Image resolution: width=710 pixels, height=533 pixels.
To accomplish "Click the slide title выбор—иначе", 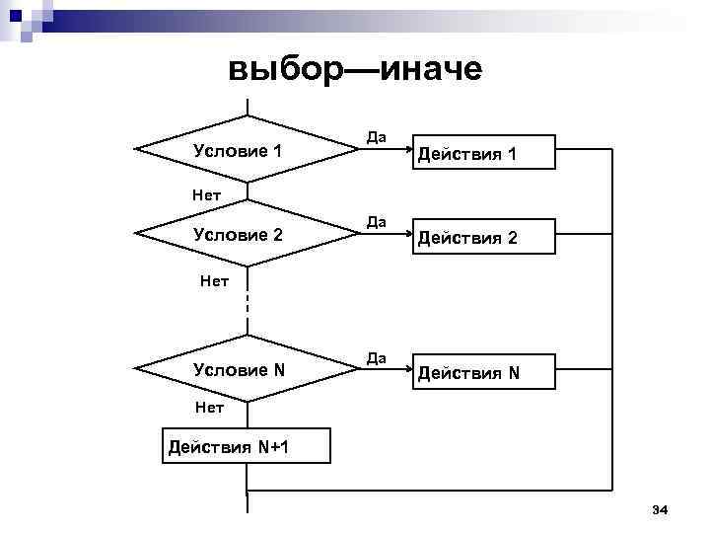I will [x=355, y=69].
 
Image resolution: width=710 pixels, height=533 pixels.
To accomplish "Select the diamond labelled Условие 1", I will [x=247, y=151].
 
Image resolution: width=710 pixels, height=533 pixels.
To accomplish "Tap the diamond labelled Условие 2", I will [x=247, y=235].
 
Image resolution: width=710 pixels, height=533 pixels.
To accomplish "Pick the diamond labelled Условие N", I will [x=247, y=370].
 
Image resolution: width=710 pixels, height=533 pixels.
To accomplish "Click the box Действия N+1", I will [x=230, y=448].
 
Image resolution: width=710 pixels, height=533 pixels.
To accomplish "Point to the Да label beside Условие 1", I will [x=376, y=136].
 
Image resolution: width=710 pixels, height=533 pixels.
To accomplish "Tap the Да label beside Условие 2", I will [x=376, y=221].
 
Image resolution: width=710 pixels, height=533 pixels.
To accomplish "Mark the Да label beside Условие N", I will [x=376, y=355].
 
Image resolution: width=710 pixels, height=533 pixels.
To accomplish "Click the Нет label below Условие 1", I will [x=206, y=194].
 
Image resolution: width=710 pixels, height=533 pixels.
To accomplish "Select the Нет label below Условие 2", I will [x=214, y=280].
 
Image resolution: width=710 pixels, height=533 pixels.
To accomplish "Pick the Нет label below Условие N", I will [x=209, y=407].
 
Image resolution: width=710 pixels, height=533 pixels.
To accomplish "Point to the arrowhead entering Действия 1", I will [x=404, y=153].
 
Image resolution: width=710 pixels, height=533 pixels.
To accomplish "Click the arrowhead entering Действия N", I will [x=404, y=373].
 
